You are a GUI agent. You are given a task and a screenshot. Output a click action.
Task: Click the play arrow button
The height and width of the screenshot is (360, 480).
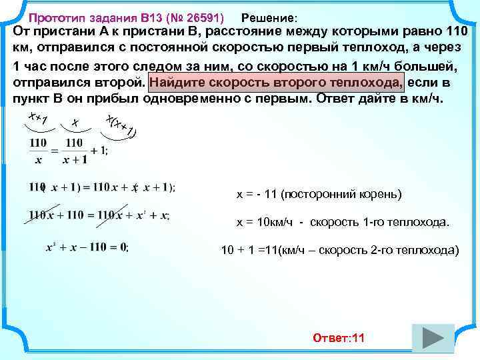click(433, 338)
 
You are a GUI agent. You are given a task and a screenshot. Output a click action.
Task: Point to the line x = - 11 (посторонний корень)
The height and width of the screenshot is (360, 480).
click(319, 195)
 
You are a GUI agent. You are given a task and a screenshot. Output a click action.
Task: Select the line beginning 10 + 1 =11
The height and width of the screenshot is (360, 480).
click(339, 251)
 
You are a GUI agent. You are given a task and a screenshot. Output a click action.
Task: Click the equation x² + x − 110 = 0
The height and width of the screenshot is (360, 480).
click(87, 247)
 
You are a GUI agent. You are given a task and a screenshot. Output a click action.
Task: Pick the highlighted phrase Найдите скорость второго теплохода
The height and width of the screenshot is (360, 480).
click(278, 82)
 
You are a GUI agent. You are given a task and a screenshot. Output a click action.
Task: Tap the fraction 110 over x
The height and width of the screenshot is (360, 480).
click(39, 150)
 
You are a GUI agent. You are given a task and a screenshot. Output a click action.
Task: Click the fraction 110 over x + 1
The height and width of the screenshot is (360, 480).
click(74, 150)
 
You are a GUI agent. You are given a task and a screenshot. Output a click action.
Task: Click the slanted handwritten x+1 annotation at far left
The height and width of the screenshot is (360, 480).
click(37, 119)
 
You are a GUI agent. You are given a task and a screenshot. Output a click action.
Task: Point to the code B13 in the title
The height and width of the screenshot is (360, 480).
click(153, 17)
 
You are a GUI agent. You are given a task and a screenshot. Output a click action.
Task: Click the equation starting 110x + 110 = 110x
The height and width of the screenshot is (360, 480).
click(99, 215)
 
